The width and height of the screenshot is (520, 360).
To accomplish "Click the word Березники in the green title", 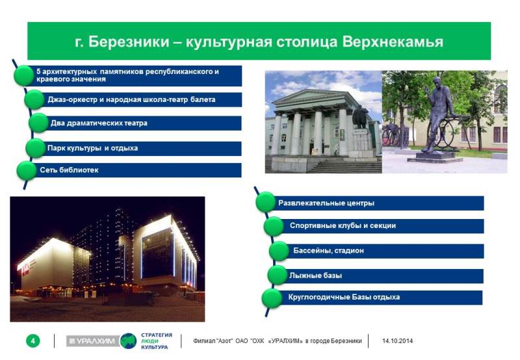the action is [x=129, y=42].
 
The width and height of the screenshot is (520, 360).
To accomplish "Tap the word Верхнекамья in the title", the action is [x=393, y=42].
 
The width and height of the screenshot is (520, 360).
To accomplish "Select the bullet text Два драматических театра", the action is [x=99, y=123].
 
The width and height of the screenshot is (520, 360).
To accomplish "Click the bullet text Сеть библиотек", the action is [x=69, y=170].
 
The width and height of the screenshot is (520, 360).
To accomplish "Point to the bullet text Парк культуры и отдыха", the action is [x=92, y=148].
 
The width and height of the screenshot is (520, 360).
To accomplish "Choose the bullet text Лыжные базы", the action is [x=315, y=276].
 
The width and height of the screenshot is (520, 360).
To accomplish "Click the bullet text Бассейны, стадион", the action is [x=328, y=251].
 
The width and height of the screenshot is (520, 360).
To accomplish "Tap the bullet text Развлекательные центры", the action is [x=326, y=203].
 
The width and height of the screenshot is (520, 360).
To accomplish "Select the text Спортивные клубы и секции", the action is [x=343, y=225].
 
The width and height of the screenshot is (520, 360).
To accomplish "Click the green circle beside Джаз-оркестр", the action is [x=34, y=99].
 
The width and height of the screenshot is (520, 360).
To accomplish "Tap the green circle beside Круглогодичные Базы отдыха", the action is [x=272, y=298].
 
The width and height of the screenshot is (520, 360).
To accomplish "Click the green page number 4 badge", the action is [x=33, y=341].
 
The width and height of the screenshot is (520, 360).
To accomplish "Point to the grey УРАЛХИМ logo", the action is [x=93, y=341].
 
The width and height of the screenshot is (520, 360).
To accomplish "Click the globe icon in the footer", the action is [x=128, y=341].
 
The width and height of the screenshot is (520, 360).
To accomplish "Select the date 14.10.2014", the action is [x=397, y=341].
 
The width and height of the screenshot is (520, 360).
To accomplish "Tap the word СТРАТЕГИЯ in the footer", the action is [x=157, y=335].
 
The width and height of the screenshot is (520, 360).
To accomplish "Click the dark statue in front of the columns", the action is [x=360, y=118].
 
